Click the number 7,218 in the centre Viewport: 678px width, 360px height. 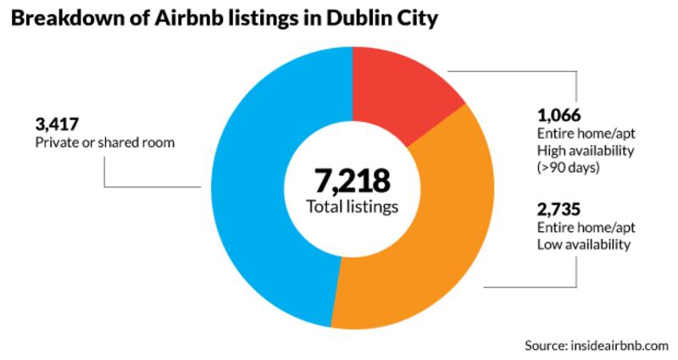353,180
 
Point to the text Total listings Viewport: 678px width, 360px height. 353,207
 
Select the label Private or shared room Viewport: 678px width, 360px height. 104,142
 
